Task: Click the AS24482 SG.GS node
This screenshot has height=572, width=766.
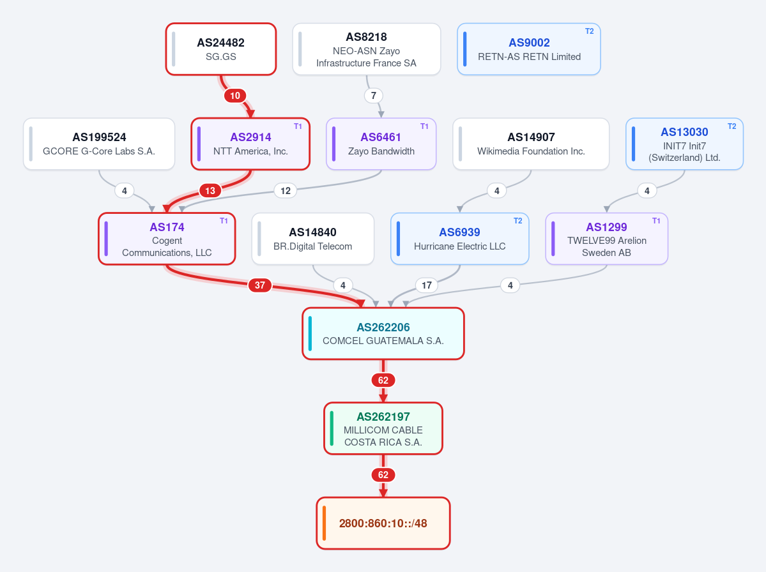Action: (221, 49)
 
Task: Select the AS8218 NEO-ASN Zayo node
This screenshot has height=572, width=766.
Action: (367, 49)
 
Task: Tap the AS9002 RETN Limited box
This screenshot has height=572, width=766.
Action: (528, 49)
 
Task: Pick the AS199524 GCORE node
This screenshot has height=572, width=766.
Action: (99, 144)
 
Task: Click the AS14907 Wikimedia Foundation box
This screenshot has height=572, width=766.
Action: (531, 144)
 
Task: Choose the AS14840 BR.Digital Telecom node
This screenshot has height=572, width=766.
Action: (312, 239)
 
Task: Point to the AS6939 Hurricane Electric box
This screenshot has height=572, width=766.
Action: (460, 239)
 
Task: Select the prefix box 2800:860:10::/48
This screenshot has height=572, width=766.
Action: (383, 523)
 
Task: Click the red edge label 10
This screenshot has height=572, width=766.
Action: (235, 96)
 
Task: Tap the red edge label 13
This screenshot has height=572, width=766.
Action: (210, 191)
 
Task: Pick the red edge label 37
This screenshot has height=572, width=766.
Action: (260, 285)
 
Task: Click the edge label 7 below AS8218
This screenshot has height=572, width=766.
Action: (374, 96)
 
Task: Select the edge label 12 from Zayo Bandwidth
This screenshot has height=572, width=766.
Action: (286, 191)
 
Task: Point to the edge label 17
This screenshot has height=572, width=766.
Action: (427, 285)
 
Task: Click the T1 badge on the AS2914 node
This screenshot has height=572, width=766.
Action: (298, 126)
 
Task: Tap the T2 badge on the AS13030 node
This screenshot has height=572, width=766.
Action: (732, 126)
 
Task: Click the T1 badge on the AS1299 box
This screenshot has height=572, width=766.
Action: (656, 221)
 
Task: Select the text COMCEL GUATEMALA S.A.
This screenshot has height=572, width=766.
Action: (383, 341)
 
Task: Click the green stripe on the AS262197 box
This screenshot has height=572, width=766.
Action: (332, 428)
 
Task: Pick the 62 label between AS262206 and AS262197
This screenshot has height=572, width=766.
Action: (383, 380)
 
